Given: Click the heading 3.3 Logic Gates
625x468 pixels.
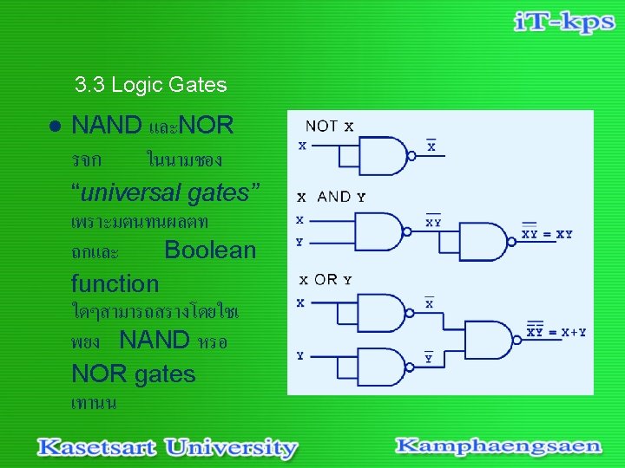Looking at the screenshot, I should [150, 85].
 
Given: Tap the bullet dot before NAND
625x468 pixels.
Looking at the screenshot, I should [54, 126].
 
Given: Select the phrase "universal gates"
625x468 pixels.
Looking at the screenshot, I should [165, 193].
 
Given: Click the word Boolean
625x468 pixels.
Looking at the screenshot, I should [210, 250].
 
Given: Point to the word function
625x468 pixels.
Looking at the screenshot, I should [115, 283].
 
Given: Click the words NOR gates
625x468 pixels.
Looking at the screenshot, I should [134, 374].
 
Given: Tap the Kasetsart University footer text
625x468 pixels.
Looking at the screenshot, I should [167, 448].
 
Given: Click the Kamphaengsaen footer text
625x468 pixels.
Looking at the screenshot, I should [498, 446].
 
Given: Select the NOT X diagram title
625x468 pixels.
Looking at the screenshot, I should [329, 127].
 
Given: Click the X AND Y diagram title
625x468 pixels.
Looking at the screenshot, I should [332, 197].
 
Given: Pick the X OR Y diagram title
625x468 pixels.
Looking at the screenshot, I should [326, 280].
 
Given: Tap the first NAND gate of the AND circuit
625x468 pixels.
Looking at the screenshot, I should [383, 231].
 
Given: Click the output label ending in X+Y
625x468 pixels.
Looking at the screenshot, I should [556, 331].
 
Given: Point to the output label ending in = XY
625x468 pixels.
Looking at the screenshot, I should [546, 233].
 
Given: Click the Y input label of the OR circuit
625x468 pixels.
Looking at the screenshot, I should [300, 355].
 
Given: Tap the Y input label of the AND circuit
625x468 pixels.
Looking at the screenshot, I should [299, 243].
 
